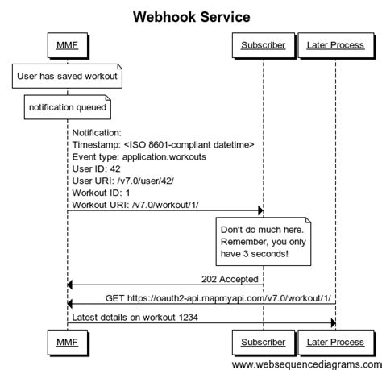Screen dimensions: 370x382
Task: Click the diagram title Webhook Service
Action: click(191, 16)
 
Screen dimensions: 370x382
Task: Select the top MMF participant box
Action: click(68, 46)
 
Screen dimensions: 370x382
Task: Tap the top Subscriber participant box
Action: click(263, 46)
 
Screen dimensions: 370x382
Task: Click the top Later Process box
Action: click(335, 46)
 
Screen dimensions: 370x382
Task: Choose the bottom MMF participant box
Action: click(68, 343)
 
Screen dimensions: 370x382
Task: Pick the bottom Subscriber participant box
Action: click(263, 343)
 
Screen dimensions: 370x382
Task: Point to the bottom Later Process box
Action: click(335, 343)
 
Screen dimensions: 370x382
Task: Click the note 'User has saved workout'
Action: click(68, 77)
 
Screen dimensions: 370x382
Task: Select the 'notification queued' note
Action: click(68, 106)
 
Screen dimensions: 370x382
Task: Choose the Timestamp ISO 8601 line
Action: click(163, 144)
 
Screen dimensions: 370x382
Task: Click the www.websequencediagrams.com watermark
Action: click(305, 364)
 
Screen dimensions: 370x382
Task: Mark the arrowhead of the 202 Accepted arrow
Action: click(71, 285)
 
